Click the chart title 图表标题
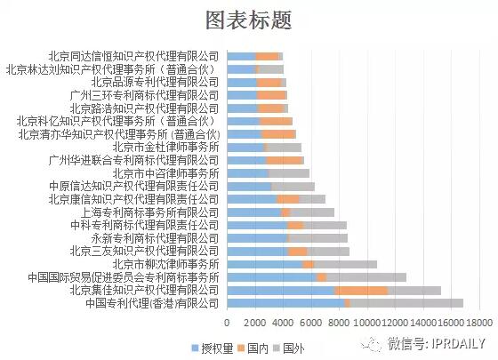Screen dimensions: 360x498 pos(248,20)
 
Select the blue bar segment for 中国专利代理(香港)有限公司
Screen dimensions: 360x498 pos(285,304)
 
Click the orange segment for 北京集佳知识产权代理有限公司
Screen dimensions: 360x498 pos(361,291)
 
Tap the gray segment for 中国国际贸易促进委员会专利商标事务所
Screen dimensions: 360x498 pos(366,277)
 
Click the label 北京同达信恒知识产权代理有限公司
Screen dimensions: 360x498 pos(133,56)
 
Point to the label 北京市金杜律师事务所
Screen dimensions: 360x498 pos(165,148)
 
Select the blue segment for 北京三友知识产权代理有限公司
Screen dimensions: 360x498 pos(257,252)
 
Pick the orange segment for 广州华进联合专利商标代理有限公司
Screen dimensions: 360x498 pos(285,161)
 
